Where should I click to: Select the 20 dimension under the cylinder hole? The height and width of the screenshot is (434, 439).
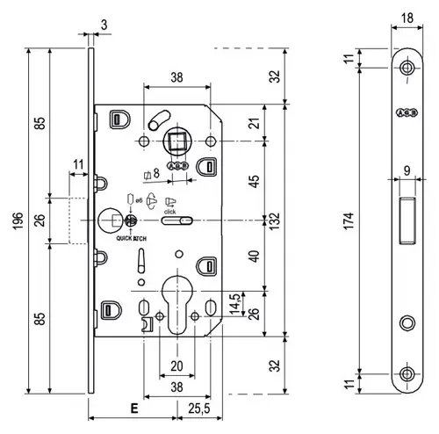click(176, 365)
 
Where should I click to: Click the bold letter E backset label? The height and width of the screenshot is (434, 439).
click(133, 409)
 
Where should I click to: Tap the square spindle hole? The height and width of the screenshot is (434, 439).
click(177, 141)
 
